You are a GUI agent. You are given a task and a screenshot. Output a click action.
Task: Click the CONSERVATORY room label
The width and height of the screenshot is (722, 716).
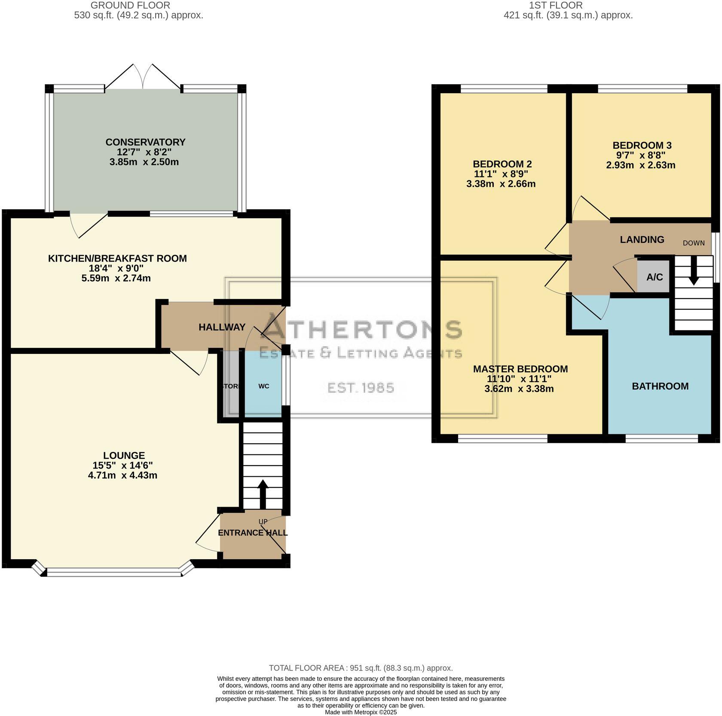click(145, 142)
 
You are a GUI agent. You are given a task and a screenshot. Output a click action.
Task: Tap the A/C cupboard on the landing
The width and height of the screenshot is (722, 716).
click(654, 277)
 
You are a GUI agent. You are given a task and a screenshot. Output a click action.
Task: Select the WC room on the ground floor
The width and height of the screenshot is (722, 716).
click(263, 386)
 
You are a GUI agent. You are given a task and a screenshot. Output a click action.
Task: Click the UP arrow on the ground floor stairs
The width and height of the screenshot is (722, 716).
click(263, 494)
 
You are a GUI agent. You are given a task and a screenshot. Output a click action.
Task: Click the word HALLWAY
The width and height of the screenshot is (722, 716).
click(222, 327)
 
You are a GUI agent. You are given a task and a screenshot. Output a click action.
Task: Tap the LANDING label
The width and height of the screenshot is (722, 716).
click(642, 240)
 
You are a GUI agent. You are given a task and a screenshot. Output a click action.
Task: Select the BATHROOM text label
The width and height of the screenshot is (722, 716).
click(660, 386)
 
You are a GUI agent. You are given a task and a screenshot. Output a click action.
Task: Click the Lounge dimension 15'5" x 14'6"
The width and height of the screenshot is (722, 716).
click(122, 465)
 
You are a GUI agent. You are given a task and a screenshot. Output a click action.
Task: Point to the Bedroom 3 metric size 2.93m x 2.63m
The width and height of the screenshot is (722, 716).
click(640, 165)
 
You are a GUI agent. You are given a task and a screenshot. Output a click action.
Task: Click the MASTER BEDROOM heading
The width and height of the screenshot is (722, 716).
click(520, 369)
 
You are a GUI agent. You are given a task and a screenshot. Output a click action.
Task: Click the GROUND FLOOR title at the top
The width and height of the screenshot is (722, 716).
click(131, 6)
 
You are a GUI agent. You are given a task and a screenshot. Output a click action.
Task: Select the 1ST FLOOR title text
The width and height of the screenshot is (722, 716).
click(556, 6)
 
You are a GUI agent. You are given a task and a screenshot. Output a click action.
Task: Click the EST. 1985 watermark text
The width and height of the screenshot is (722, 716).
click(361, 388)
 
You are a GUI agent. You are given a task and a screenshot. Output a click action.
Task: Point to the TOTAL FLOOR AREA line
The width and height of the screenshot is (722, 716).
click(361, 668)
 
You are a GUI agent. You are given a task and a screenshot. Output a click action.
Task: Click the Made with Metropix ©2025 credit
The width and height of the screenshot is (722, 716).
click(361, 712)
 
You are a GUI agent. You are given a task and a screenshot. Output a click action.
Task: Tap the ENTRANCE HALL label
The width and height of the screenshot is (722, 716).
click(252, 533)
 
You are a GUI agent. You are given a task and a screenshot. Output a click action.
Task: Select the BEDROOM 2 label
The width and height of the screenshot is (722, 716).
click(502, 164)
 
